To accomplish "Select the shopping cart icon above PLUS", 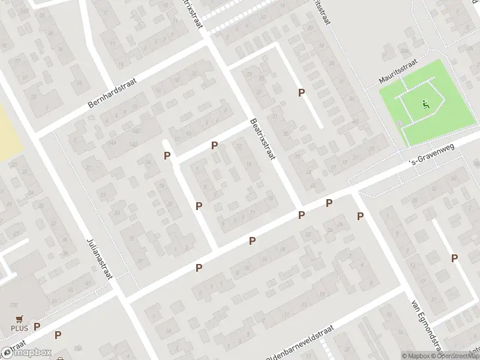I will coord(19,319).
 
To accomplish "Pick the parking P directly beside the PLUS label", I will coord(37,327).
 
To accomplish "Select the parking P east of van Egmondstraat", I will coord(454,258).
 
